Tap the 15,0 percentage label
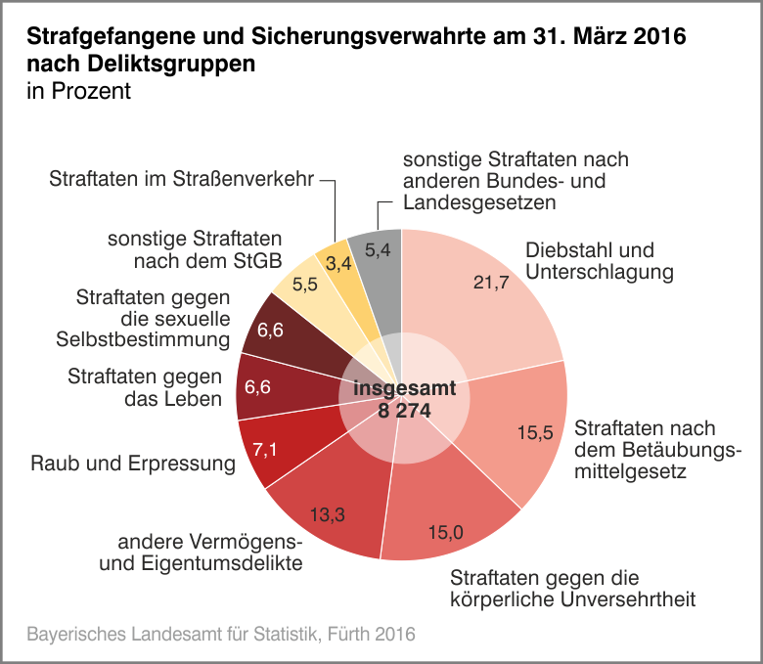pyautogui.click(x=446, y=532)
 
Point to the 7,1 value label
pyautogui.click(x=265, y=451)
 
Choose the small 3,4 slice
pyautogui.click(x=339, y=263)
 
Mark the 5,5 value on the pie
pyautogui.click(x=305, y=285)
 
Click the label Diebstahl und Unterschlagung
pyautogui.click(x=599, y=260)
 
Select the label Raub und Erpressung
pyautogui.click(x=134, y=463)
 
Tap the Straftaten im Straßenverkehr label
pyautogui.click(x=181, y=179)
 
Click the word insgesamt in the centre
pyautogui.click(x=404, y=388)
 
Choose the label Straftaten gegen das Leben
pyautogui.click(x=144, y=386)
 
